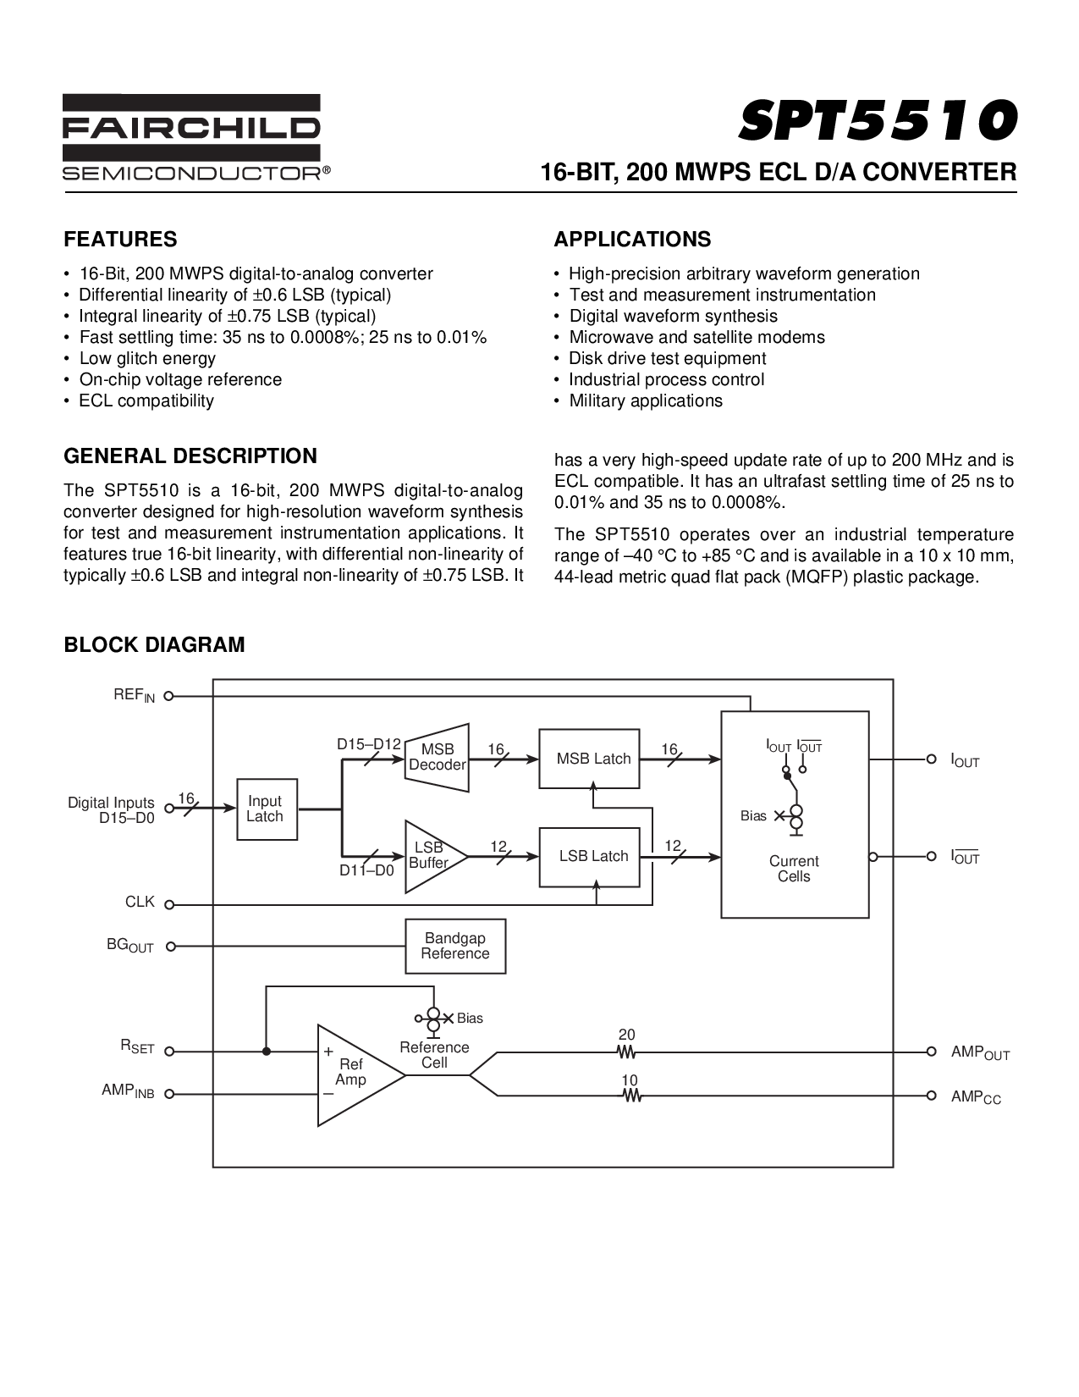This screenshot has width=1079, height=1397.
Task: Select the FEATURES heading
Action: (x=120, y=240)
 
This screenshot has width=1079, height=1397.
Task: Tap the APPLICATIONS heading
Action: (x=632, y=240)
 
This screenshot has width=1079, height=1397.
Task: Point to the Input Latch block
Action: (x=265, y=809)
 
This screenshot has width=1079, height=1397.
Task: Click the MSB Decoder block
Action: (x=438, y=757)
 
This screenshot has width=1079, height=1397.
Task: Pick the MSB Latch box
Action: (x=589, y=758)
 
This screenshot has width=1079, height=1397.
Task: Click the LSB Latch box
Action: (x=589, y=856)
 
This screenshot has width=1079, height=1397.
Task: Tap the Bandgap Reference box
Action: (x=455, y=946)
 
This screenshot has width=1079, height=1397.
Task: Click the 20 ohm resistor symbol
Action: (x=627, y=1052)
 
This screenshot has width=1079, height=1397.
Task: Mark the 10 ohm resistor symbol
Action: (x=630, y=1096)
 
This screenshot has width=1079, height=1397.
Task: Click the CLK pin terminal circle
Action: (x=169, y=904)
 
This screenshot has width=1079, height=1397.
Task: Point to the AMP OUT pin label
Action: (x=980, y=1052)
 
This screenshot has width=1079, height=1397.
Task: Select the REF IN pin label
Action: (x=135, y=695)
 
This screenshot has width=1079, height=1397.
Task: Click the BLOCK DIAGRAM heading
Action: (x=155, y=645)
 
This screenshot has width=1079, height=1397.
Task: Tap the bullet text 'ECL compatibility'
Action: (x=146, y=400)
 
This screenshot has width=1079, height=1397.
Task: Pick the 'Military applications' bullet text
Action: (x=646, y=400)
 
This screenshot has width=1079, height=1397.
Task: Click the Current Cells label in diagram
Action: (x=794, y=869)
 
